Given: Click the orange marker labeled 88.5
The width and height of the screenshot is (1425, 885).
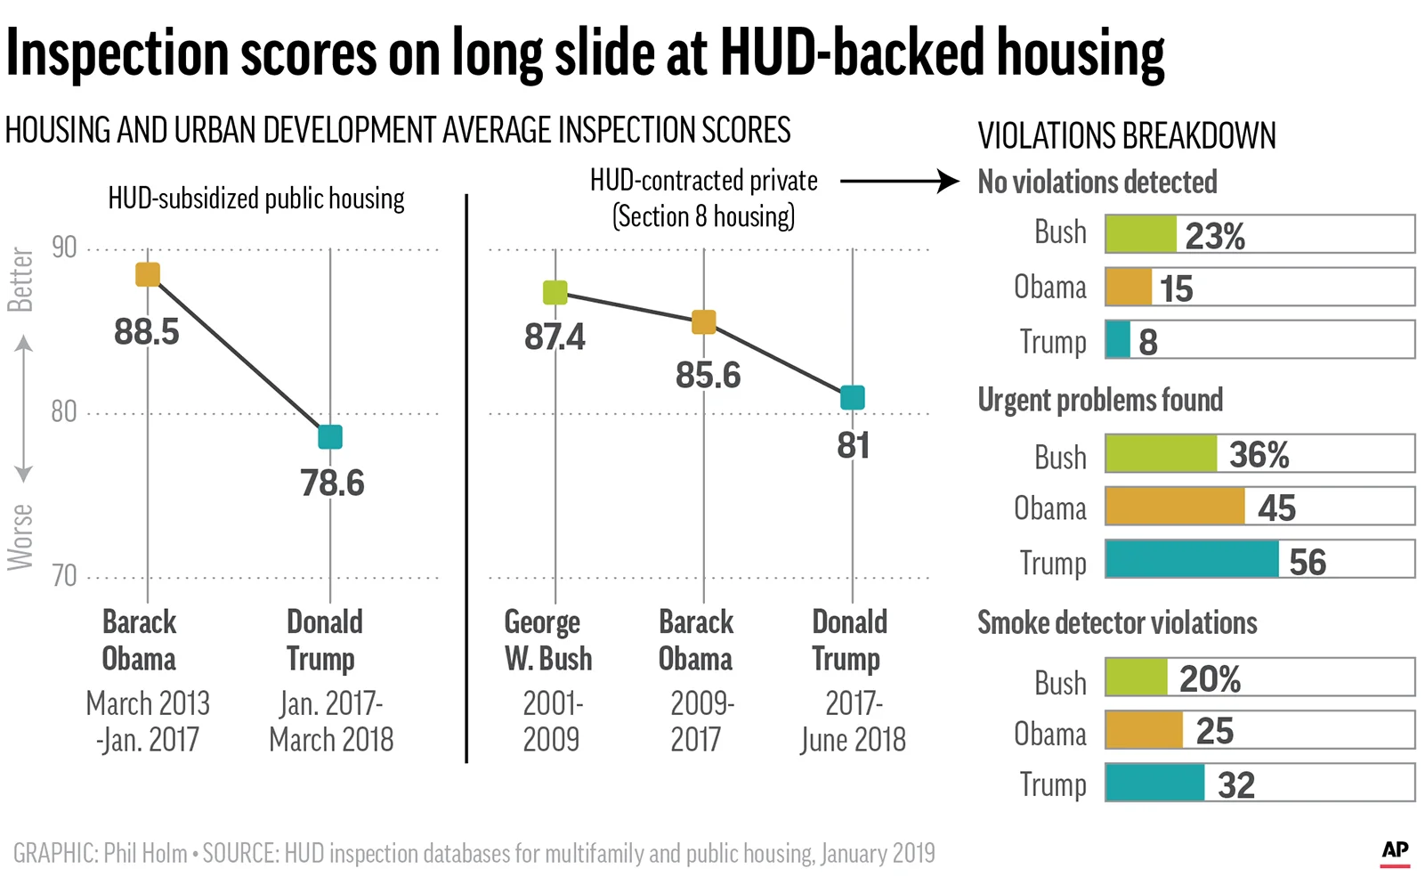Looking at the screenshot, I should (x=148, y=274).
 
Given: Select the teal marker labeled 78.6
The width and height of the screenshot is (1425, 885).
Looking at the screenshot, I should (x=330, y=436).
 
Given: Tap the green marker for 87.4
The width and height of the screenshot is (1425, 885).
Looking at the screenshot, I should (x=555, y=292).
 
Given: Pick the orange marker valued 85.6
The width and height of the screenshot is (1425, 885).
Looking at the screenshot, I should (x=703, y=321).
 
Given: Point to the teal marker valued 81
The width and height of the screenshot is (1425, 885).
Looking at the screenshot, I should (x=852, y=397).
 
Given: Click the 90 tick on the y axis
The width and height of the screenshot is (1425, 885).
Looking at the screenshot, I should (x=64, y=248).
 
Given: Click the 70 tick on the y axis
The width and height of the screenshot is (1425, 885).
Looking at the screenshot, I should (x=64, y=576).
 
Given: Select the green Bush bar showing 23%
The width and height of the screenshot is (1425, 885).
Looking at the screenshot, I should (x=1140, y=234).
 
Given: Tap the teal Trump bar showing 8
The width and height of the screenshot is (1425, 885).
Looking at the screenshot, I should (x=1118, y=340).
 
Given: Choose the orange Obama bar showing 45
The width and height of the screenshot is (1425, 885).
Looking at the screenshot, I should (x=1175, y=506).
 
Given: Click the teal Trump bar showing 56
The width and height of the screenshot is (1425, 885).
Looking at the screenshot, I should (x=1192, y=559).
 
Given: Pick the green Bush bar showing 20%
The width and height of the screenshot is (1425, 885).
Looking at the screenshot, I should (x=1137, y=678).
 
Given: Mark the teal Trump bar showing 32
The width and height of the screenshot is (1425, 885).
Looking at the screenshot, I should (x=1155, y=783).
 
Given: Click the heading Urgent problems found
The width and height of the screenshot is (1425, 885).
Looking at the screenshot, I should (x=1100, y=400).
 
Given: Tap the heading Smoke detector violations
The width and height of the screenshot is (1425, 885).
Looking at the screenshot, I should (x=1117, y=622).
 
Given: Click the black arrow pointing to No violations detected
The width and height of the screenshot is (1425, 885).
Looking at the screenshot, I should (x=899, y=182).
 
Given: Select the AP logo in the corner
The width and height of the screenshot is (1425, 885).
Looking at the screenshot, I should (x=1395, y=851).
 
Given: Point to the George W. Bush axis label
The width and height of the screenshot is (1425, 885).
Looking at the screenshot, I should (x=547, y=639).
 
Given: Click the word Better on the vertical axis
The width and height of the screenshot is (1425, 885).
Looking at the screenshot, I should (x=20, y=280).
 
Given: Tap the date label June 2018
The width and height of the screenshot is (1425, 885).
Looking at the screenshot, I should (x=853, y=740).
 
